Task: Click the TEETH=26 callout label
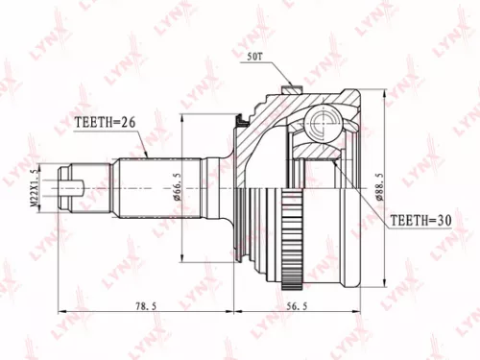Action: (108, 123)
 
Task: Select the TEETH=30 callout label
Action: (420, 220)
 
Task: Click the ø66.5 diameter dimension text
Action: (181, 184)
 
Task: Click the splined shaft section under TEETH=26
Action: (144, 184)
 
